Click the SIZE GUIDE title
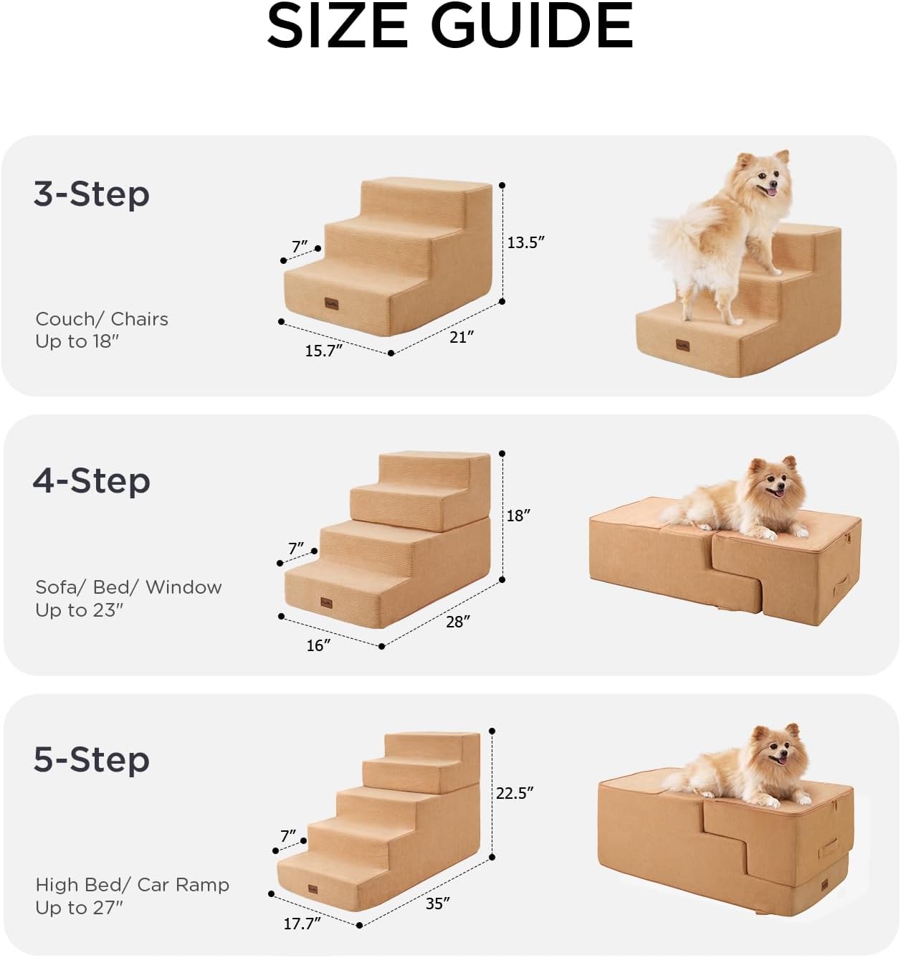(x=449, y=27)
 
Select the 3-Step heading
(x=91, y=194)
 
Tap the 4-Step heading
(x=91, y=480)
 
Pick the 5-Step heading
(x=91, y=759)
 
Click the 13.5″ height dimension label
(x=525, y=242)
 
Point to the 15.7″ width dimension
(x=323, y=351)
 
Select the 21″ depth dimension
(x=461, y=336)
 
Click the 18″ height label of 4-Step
(x=518, y=516)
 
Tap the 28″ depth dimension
(x=457, y=622)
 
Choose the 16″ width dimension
(x=318, y=645)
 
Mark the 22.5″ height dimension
(x=514, y=793)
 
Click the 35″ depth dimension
(x=437, y=904)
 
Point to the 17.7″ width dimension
(x=301, y=924)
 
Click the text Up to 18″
(x=77, y=341)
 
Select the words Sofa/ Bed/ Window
(x=128, y=587)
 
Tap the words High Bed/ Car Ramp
(x=132, y=885)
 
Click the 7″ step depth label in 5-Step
(x=288, y=836)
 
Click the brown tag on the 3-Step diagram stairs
(x=331, y=303)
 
